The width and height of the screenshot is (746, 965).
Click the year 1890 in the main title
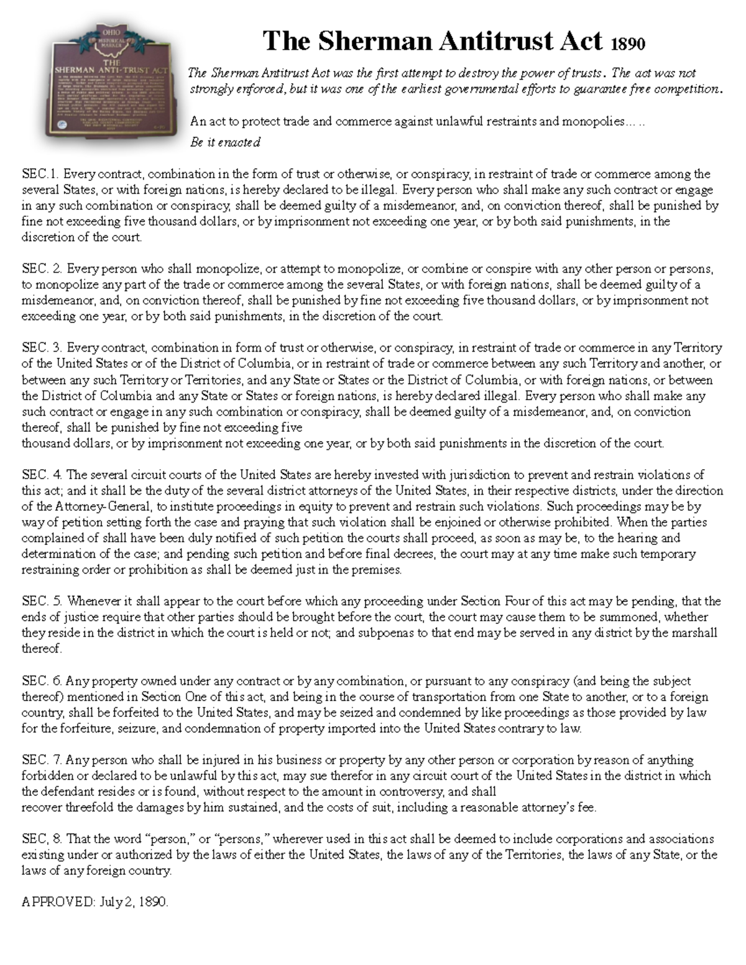628,43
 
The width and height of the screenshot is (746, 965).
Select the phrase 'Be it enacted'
225,142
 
